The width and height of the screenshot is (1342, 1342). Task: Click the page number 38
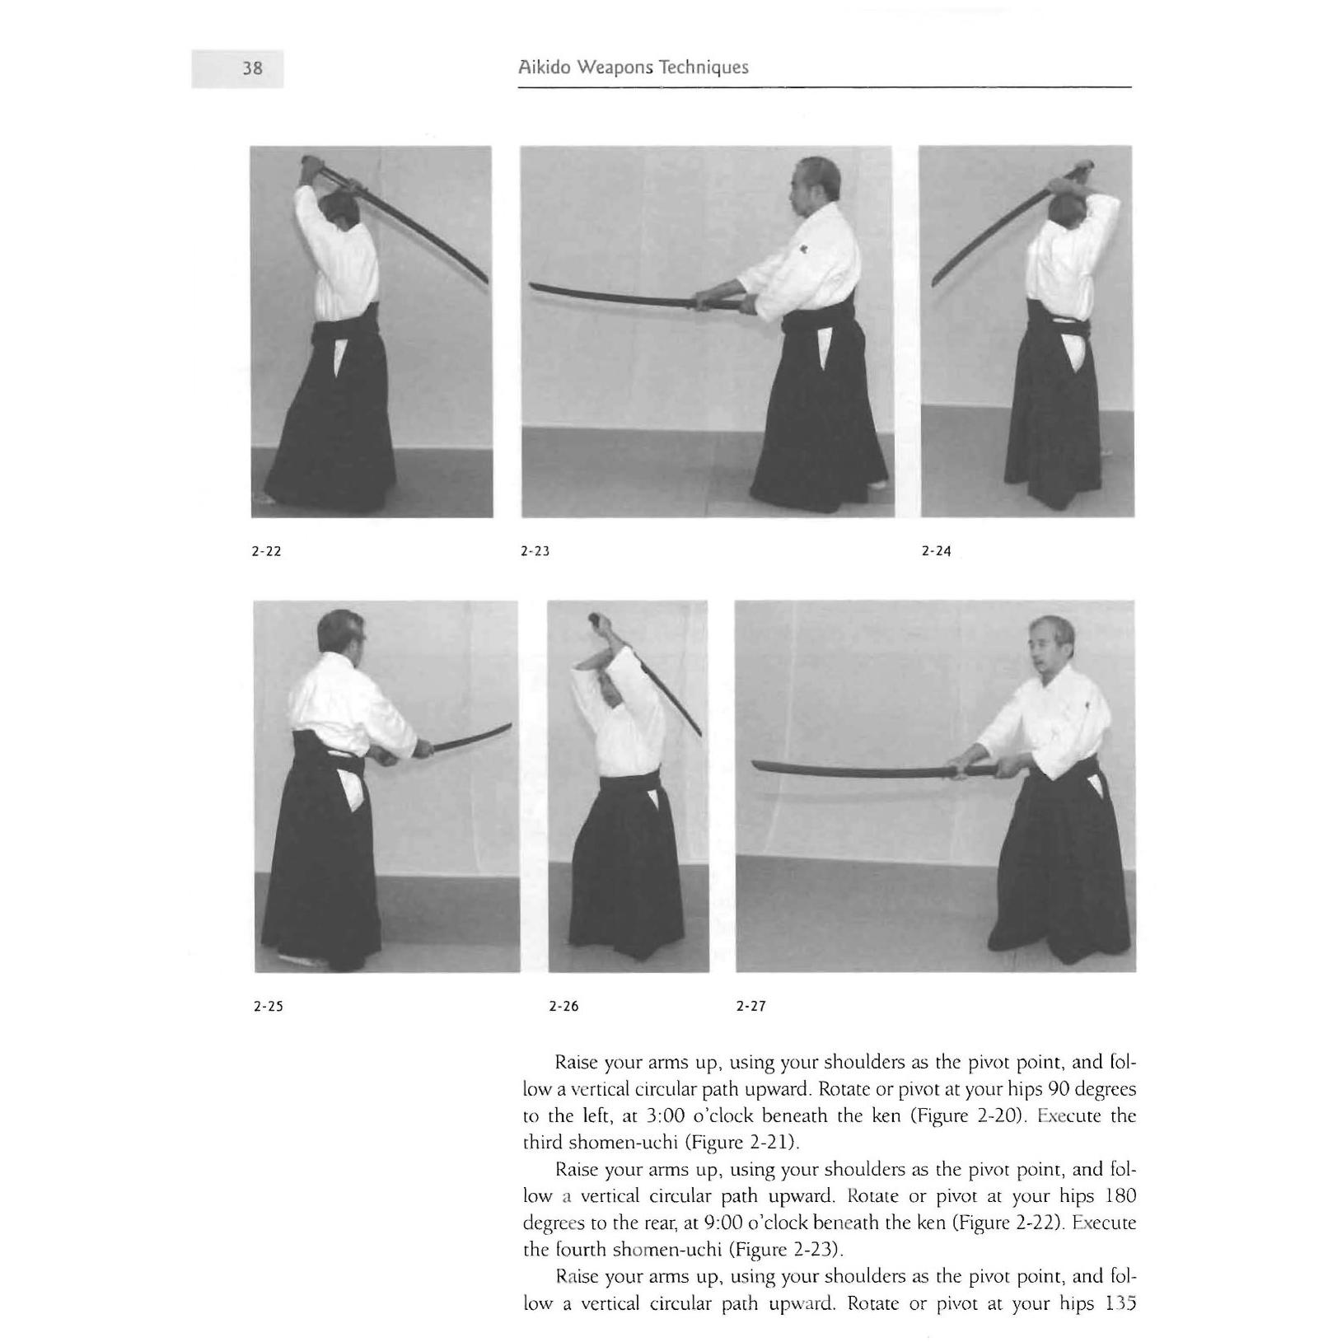click(252, 68)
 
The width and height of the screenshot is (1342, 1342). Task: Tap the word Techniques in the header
click(708, 68)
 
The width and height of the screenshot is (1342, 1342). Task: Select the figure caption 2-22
click(266, 551)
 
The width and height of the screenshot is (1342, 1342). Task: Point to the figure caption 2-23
click(535, 551)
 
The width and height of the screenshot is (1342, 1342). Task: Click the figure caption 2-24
click(936, 551)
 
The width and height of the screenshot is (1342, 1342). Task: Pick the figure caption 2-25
click(269, 1006)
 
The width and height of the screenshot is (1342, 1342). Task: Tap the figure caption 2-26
click(563, 1006)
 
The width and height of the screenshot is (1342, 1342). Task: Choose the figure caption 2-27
click(750, 1006)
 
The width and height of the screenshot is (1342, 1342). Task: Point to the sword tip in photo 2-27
click(756, 766)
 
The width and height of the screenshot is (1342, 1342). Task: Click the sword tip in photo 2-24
click(933, 282)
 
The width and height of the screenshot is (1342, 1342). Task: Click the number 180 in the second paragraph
click(1120, 1195)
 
